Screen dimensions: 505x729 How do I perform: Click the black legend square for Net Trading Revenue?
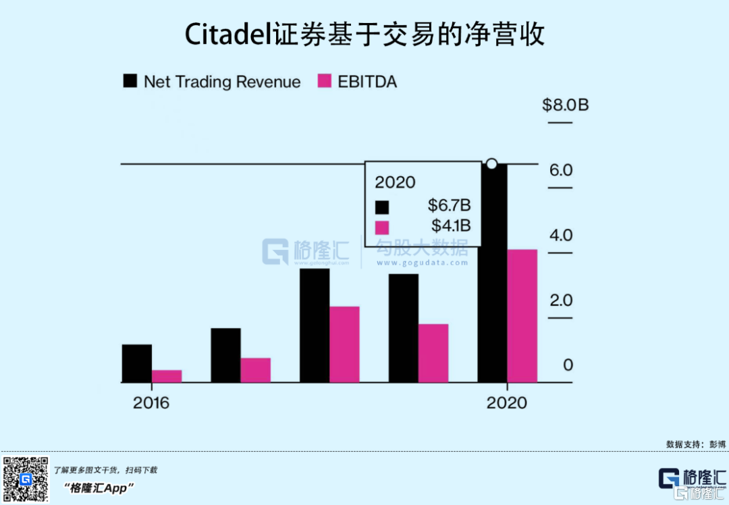(130, 82)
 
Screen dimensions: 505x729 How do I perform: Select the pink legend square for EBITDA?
(325, 82)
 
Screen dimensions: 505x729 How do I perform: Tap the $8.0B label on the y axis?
(566, 105)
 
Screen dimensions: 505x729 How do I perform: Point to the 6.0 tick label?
(561, 170)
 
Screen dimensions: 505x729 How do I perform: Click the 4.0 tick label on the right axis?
(561, 236)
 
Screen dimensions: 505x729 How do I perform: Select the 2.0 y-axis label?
(561, 300)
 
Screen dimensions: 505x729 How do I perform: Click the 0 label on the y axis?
(568, 365)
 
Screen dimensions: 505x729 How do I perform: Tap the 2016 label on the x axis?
(151, 404)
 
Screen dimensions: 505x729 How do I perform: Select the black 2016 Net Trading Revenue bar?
(137, 363)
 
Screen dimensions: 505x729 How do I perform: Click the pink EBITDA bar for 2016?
(167, 376)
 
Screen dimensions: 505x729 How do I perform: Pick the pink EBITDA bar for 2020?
(522, 316)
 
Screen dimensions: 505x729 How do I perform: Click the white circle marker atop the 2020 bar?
(492, 163)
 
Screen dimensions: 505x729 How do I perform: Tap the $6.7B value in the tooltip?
(449, 205)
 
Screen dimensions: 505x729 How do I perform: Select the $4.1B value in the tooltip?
(451, 225)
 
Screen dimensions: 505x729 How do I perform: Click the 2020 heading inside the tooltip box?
(396, 182)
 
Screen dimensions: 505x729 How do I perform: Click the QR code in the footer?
(26, 479)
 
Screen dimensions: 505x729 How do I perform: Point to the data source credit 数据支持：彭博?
(696, 444)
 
